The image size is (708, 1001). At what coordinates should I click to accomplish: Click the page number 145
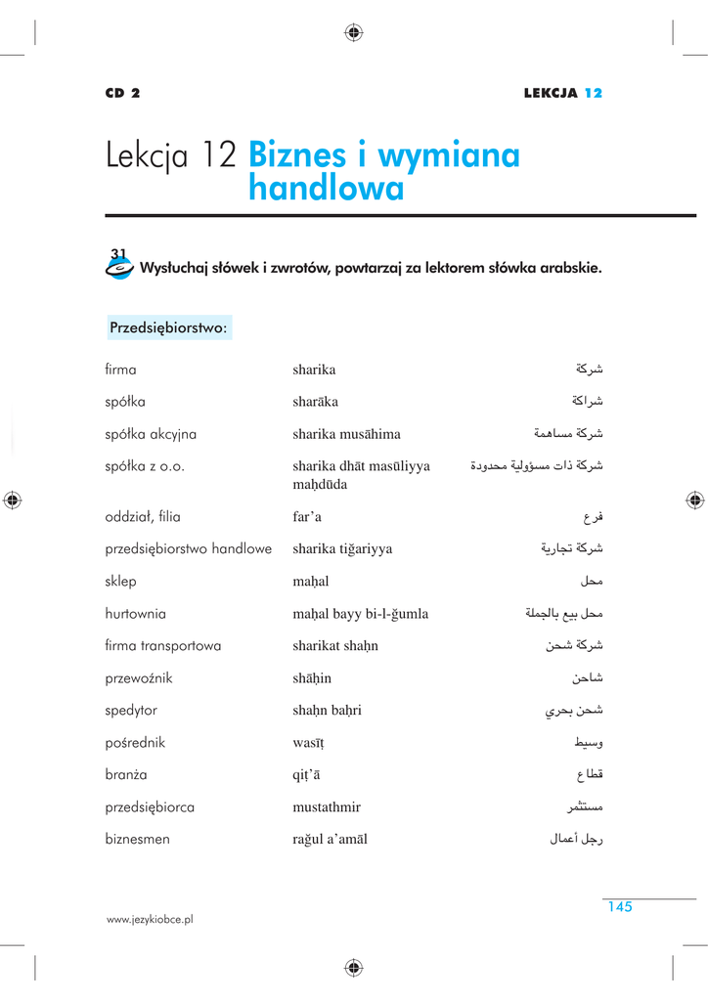point(619,907)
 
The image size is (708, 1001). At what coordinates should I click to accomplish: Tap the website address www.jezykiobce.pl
point(150,920)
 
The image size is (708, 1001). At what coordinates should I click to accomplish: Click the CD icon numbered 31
point(118,265)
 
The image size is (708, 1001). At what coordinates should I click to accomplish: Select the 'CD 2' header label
point(123,94)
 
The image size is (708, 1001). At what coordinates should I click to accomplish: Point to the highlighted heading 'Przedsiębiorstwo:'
point(168,327)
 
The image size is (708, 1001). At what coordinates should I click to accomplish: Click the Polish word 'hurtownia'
point(136,614)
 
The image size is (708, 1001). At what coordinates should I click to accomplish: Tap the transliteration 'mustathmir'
point(327,807)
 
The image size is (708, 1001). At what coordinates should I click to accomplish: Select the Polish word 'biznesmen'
point(138,839)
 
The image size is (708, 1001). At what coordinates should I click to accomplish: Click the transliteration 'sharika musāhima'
point(346,434)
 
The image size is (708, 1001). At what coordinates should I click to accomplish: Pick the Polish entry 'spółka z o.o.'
point(145,466)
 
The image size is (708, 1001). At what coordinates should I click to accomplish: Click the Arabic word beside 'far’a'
point(592,517)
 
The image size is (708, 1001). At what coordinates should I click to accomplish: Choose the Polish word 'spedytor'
point(131,711)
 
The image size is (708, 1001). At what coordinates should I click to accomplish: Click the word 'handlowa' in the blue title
point(326,189)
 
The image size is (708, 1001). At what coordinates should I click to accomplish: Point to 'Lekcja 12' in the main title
point(171,155)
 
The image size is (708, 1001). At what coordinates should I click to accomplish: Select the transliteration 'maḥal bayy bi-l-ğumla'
point(360,614)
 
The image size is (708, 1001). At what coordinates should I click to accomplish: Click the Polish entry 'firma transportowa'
point(163,646)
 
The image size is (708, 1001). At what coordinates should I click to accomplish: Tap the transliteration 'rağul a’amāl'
point(330,840)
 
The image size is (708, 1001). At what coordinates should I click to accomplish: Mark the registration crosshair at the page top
point(354,32)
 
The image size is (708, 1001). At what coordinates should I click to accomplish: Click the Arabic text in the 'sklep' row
point(591,582)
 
